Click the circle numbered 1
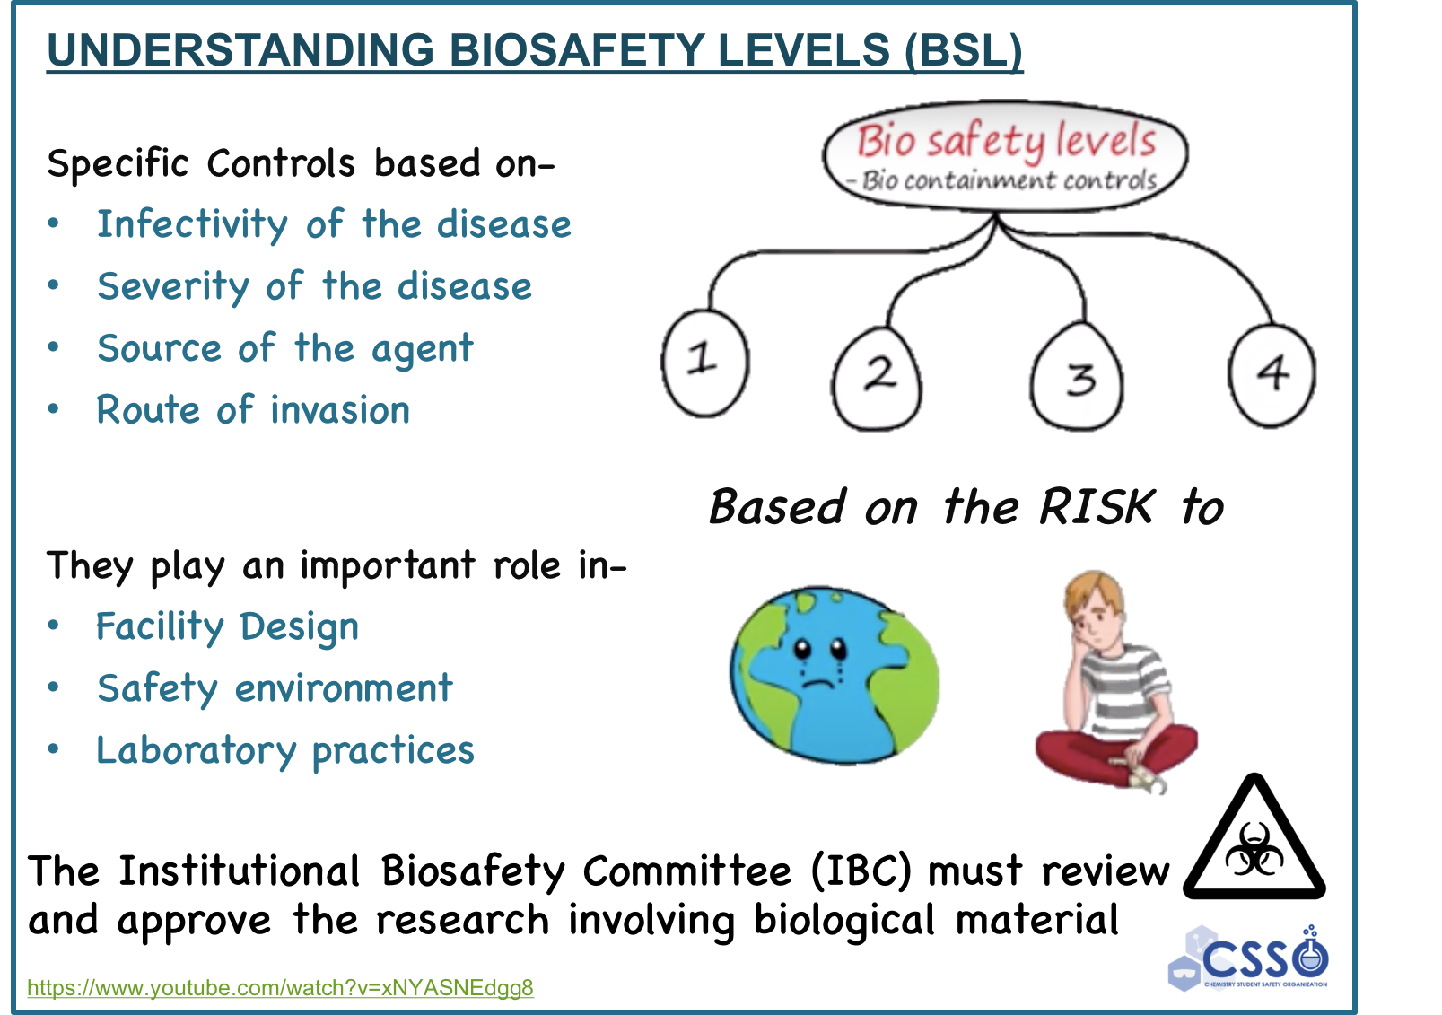coord(705,363)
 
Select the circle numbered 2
coord(877,379)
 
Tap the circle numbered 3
coord(1077,376)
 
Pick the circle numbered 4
coord(1272,375)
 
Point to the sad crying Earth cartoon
coord(835,675)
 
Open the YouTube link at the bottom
coord(280,987)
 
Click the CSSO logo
coord(1249,958)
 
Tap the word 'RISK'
coord(1097,507)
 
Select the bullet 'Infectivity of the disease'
coord(334,224)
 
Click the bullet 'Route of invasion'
coord(253,410)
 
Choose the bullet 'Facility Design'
coord(227,627)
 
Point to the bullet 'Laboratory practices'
coord(285,750)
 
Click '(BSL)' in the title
coord(963,50)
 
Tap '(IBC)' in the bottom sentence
coord(862,871)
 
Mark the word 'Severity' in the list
coord(173,287)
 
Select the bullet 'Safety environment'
coord(275,688)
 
